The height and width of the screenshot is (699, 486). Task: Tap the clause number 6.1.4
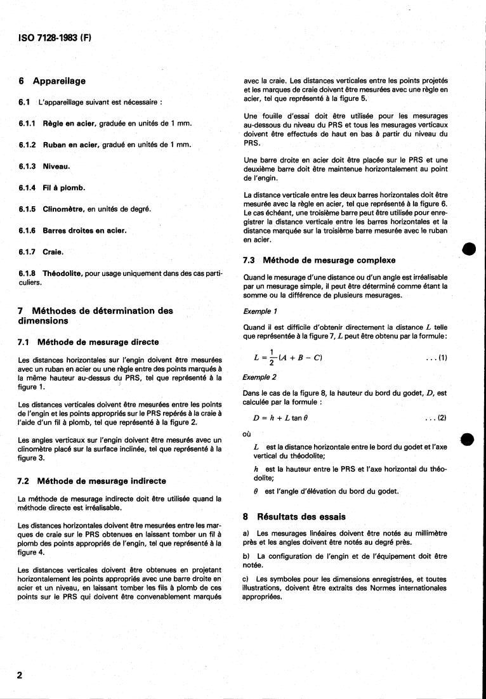point(28,188)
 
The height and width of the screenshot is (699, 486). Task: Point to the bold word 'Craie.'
point(53,252)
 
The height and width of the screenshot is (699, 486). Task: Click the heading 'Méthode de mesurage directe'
point(98,342)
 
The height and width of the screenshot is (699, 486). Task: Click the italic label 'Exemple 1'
point(260,312)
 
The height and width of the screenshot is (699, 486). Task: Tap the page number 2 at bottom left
point(20,675)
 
